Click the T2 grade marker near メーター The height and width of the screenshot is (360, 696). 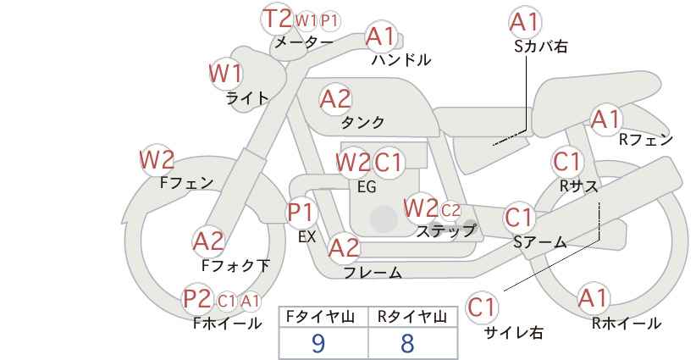pos(277,19)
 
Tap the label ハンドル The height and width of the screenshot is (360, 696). pos(401,59)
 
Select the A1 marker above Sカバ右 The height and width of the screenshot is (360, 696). pos(525,22)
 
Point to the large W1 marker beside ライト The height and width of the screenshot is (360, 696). pos(226,73)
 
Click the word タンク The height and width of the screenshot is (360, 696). pos(362,122)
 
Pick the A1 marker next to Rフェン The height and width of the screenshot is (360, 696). pos(606,119)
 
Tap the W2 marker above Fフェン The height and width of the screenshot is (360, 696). pos(157,160)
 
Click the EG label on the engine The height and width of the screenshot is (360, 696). pos(367,187)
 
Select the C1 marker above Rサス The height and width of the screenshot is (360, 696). pos(567,162)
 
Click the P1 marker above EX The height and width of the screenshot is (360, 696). pos(301,213)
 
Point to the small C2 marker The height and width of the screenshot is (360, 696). pos(450,210)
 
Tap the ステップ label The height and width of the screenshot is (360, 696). pos(445,231)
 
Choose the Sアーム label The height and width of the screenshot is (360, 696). pos(539,242)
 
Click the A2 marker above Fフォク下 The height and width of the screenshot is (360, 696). pos(209,241)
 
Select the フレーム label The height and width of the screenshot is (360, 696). pos(373,272)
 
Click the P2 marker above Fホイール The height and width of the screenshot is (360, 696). pos(197,299)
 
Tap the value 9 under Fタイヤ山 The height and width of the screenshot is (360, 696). pos(318,343)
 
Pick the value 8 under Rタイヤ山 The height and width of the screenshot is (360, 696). pos(406,343)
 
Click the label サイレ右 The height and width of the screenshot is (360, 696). pos(514,333)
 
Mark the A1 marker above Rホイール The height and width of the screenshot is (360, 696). pos(593,298)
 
